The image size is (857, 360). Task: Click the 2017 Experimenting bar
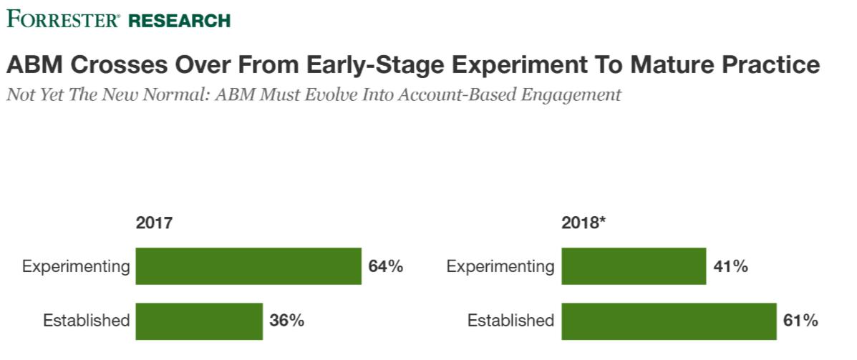click(248, 266)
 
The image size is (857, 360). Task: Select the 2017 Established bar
click(199, 321)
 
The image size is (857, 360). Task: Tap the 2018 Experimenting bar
click(634, 266)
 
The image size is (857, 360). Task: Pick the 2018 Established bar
click(669, 321)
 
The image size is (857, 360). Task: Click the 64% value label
click(386, 267)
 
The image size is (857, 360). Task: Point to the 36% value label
click(287, 321)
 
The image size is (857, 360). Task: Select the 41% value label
click(731, 267)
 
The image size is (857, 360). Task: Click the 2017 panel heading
click(154, 223)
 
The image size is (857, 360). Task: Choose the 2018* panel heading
click(584, 223)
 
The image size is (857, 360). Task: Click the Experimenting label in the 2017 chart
click(76, 267)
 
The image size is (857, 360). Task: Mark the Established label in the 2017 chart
click(87, 321)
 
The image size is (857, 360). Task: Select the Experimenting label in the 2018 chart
click(500, 267)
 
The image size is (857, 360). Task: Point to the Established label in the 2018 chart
click(511, 321)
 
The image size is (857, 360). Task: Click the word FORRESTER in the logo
click(64, 19)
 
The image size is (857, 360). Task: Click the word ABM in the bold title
click(31, 65)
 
